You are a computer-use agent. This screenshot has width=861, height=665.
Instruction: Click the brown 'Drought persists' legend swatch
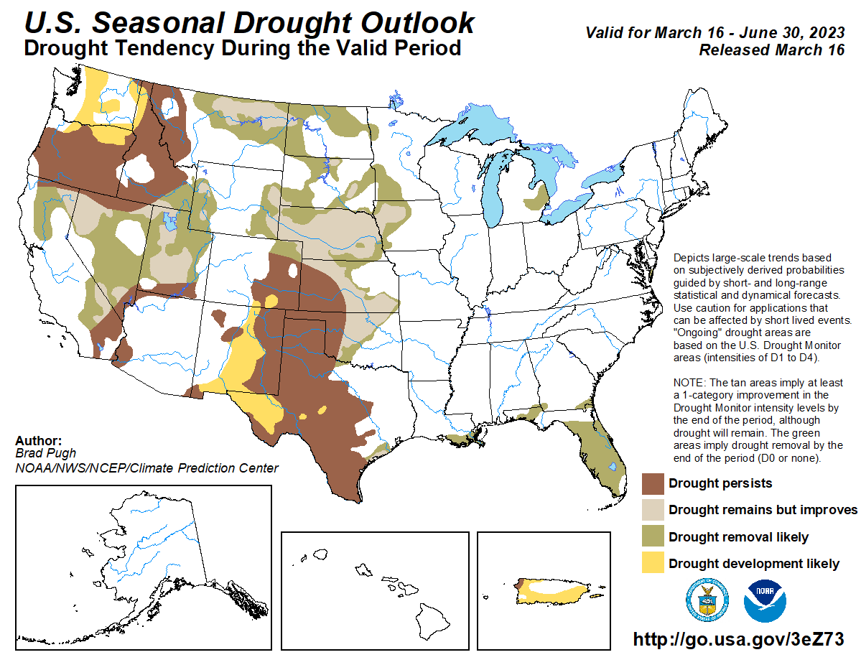[x=653, y=483]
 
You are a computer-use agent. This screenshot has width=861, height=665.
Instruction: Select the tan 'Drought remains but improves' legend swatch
[x=653, y=510]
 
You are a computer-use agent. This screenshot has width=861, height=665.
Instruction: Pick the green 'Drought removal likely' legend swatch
[x=653, y=536]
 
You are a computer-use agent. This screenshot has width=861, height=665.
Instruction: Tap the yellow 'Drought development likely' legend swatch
[x=653, y=563]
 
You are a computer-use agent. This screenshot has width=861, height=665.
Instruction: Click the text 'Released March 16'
[x=771, y=50]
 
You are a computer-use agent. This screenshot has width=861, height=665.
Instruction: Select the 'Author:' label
[x=38, y=441]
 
